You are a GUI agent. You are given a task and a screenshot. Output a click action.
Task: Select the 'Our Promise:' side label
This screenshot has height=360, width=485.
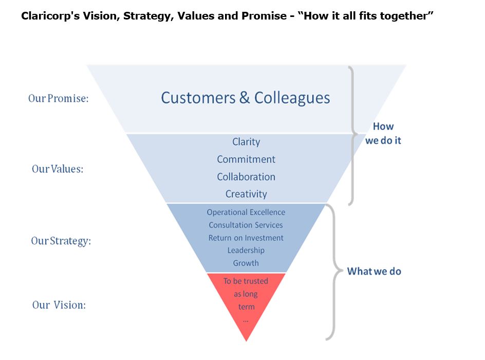[58, 98]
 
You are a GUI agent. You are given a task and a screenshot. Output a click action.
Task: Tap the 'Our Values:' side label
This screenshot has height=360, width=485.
[58, 168]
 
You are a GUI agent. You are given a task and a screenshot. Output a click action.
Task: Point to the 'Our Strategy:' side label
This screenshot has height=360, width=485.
[61, 240]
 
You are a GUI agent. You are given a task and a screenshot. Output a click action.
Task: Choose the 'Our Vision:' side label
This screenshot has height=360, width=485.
[59, 305]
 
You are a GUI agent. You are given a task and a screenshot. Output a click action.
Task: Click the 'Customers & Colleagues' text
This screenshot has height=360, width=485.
[246, 98]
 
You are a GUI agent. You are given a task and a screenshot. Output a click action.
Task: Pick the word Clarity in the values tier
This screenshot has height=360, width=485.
[246, 142]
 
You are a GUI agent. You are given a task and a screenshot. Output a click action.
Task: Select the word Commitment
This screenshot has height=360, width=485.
[246, 159]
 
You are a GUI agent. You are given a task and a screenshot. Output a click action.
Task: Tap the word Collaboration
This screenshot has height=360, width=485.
[246, 177]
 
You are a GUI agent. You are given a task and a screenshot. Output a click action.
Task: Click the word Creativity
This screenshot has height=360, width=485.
[246, 194]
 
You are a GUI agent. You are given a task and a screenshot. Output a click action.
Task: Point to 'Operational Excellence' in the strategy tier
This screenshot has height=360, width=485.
[246, 212]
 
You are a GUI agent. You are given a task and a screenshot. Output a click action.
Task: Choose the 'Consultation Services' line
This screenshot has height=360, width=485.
[246, 225]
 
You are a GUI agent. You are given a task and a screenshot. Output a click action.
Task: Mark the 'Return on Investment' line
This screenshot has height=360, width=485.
[246, 238]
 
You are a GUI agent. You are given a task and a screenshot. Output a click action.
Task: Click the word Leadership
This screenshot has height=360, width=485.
[246, 250]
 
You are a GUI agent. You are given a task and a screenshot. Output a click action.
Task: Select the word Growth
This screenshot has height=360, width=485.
[246, 263]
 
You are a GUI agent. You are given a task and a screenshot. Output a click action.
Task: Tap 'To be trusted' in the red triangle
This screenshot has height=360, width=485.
[246, 281]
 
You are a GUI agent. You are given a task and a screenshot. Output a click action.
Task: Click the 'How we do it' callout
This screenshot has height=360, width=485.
[383, 133]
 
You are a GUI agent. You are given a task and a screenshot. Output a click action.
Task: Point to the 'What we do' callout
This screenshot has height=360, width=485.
[374, 271]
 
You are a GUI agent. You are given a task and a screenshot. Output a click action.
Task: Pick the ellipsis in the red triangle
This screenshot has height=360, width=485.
[246, 319]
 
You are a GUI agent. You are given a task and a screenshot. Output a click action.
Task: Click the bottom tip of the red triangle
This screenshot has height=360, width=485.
[247, 339]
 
